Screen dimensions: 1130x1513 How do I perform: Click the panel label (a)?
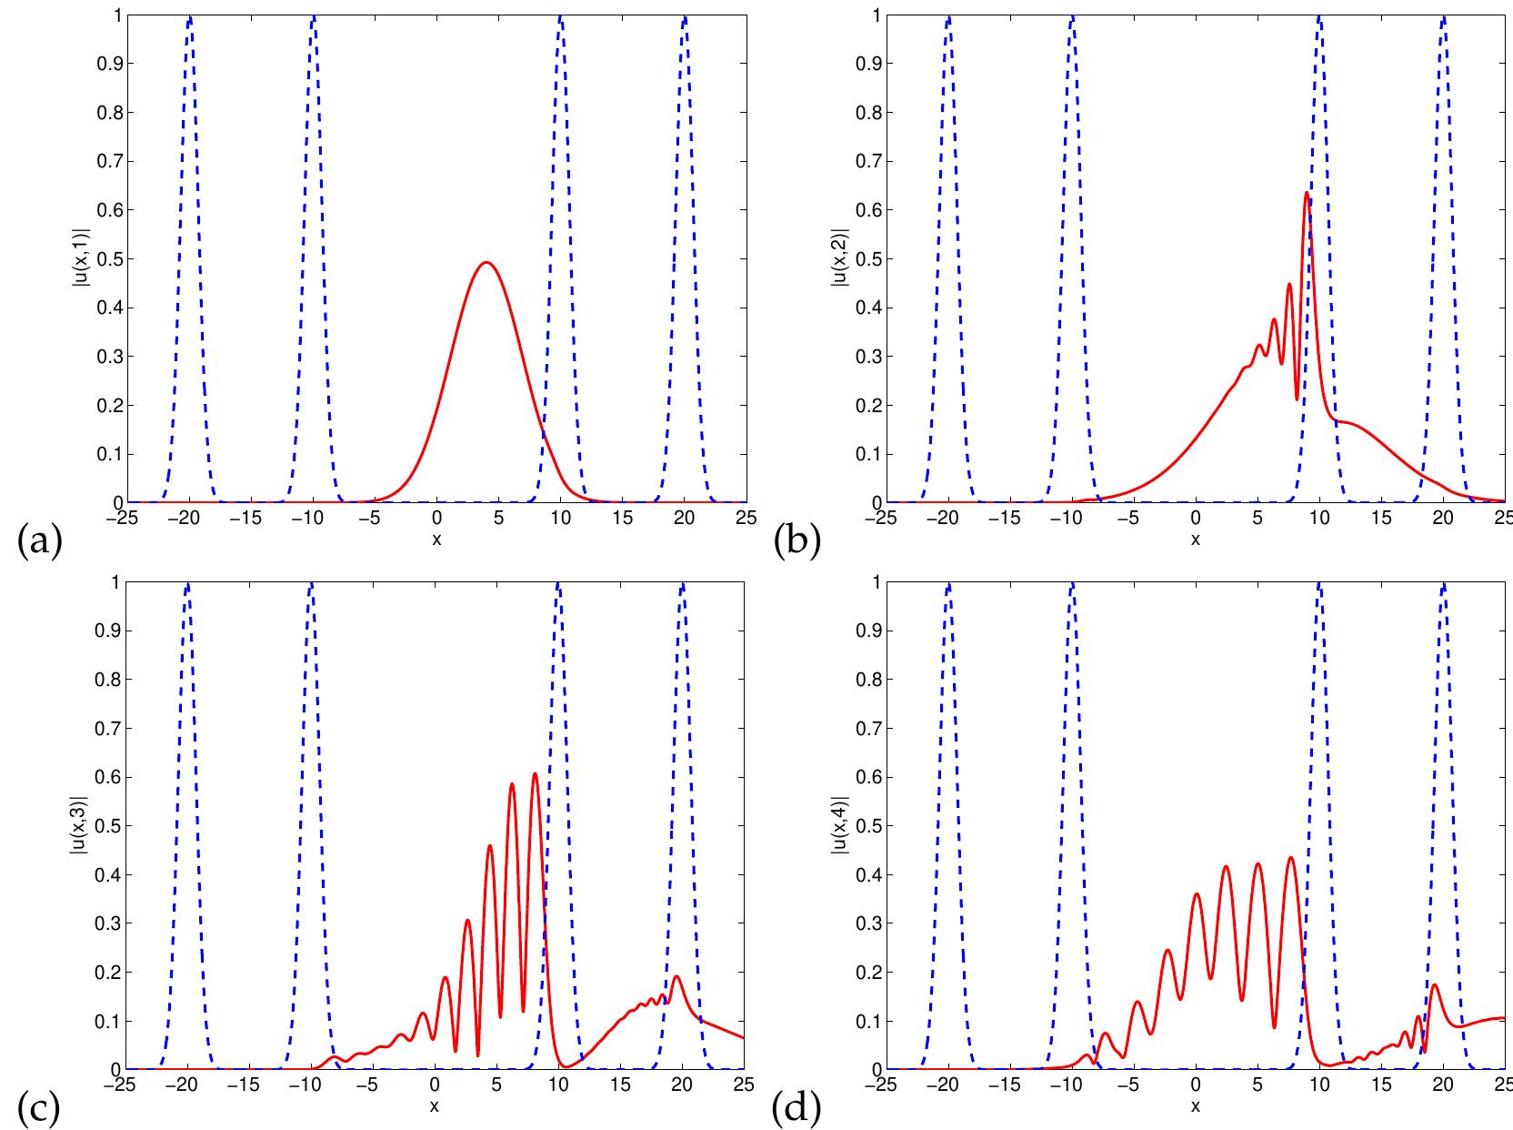(39, 543)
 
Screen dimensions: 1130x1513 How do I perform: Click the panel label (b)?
(797, 543)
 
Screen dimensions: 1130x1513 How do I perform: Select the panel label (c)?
(39, 1109)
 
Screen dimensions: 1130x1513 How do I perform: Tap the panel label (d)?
(797, 1109)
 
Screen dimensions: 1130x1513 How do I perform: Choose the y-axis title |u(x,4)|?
(837, 825)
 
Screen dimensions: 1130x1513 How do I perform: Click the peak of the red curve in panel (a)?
(486, 263)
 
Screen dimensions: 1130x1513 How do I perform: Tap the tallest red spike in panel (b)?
(1307, 193)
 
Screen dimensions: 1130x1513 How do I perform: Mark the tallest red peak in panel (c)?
(535, 773)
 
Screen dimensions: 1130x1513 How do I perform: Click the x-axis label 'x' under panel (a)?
(436, 540)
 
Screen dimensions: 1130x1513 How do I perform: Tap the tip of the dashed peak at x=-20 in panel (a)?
(189, 17)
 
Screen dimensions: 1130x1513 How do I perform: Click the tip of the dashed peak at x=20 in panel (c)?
(682, 584)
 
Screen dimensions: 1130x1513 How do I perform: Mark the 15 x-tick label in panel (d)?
(1381, 1085)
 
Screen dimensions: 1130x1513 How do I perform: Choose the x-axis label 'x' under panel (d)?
(1195, 1106)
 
